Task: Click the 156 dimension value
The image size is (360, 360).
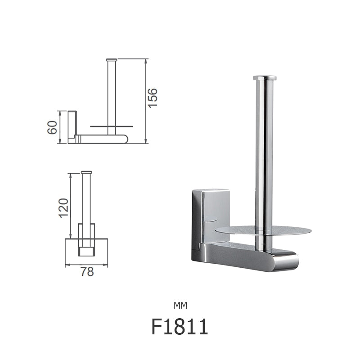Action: (153, 98)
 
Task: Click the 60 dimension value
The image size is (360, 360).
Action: (52, 127)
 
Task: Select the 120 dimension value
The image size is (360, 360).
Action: (63, 208)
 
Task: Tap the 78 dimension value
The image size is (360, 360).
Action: (87, 272)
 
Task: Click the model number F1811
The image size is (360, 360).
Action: (180, 327)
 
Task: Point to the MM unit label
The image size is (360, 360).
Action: (180, 306)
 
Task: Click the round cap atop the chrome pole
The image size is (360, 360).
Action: (264, 78)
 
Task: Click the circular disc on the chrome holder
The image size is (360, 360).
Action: (288, 231)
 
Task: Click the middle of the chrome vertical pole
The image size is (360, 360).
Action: (264, 157)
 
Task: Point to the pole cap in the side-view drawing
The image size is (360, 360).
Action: (112, 60)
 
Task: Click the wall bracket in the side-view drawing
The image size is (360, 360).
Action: (72, 126)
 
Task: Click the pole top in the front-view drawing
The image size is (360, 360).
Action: (86, 172)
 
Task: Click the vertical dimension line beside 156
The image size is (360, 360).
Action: (145, 101)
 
